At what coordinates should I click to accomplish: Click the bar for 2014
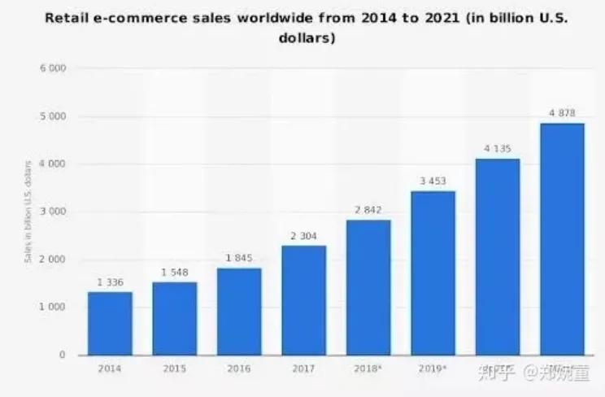(110, 323)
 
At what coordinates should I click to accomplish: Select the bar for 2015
(174, 318)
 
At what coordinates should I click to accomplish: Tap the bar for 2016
(239, 311)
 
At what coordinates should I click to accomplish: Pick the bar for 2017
(303, 300)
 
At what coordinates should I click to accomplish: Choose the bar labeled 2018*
(368, 287)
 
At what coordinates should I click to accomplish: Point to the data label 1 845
(239, 259)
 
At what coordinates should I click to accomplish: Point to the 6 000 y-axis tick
(52, 69)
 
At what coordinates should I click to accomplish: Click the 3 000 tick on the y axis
(52, 212)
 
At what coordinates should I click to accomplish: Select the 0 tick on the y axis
(62, 356)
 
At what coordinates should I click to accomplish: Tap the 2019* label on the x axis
(433, 369)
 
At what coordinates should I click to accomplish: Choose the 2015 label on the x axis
(174, 369)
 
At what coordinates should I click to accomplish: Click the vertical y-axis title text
(28, 212)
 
